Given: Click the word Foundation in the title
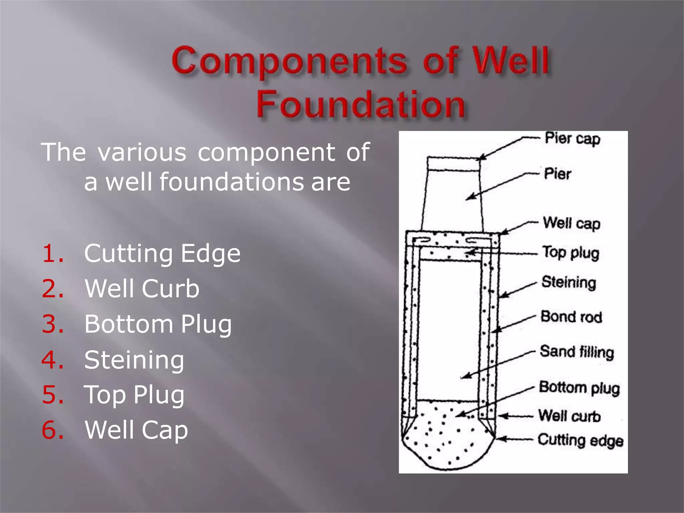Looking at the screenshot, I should tap(361, 104).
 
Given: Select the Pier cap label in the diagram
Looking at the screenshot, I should tap(572, 139).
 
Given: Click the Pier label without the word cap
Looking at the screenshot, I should tap(557, 174).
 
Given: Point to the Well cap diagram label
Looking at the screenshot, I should tap(571, 223).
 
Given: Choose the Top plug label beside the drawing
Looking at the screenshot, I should tap(571, 253).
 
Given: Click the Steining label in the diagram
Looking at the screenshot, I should tap(569, 283).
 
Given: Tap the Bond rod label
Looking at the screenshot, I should tap(571, 317).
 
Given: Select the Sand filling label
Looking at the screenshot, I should tap(577, 352).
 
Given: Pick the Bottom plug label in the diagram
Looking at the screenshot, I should tap(579, 388).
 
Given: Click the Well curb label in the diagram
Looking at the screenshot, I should tap(569, 416).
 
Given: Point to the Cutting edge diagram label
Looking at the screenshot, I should tap(580, 440).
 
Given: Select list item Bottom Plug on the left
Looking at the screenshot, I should tap(158, 324).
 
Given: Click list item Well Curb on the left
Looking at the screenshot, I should tap(142, 289).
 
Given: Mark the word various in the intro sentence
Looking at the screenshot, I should tap(142, 152).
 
